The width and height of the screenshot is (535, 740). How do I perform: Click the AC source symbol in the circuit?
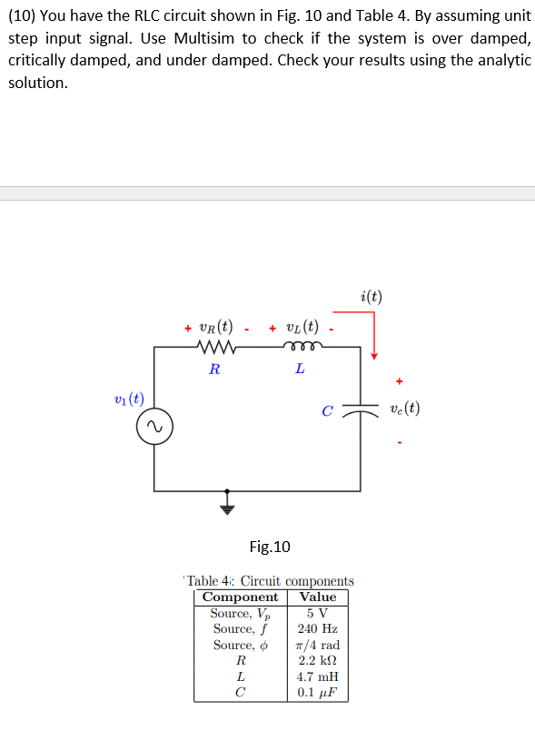(154, 427)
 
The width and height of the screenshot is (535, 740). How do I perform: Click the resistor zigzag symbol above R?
(215, 348)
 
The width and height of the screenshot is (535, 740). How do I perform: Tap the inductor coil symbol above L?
(299, 348)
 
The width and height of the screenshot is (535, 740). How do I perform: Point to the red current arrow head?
(372, 354)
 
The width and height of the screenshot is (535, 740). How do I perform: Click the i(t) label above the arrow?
(371, 296)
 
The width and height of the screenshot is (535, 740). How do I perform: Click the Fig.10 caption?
(270, 547)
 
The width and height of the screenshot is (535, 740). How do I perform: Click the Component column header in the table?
(240, 597)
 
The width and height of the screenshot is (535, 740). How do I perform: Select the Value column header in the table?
(318, 597)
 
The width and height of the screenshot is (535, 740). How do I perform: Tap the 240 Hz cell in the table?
(318, 628)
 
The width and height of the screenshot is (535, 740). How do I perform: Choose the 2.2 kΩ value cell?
(318, 660)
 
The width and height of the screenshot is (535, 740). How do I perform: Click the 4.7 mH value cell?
(318, 676)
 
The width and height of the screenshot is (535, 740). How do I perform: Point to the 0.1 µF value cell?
(318, 692)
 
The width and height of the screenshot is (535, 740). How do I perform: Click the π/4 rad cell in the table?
(318, 645)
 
